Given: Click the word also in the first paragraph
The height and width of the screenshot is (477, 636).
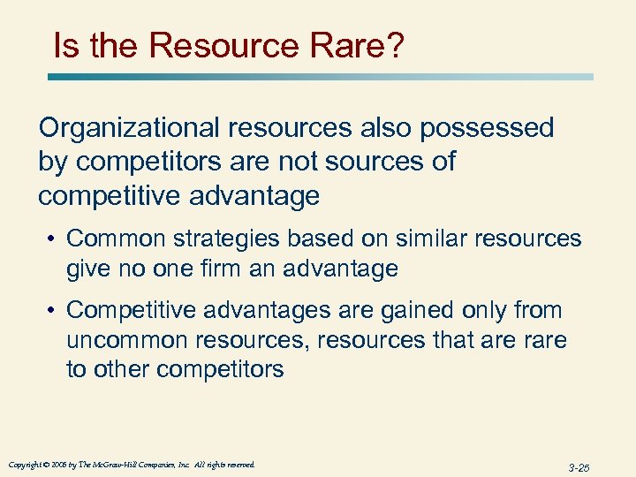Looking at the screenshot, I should coord(382,128).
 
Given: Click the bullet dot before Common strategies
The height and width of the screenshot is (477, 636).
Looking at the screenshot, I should coord(55,239).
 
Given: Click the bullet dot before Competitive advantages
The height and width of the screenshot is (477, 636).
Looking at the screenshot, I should coord(55,311).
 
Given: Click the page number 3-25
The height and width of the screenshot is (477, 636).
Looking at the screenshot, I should coord(579,467).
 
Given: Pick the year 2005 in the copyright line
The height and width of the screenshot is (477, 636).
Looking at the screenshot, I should coord(58,465).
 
